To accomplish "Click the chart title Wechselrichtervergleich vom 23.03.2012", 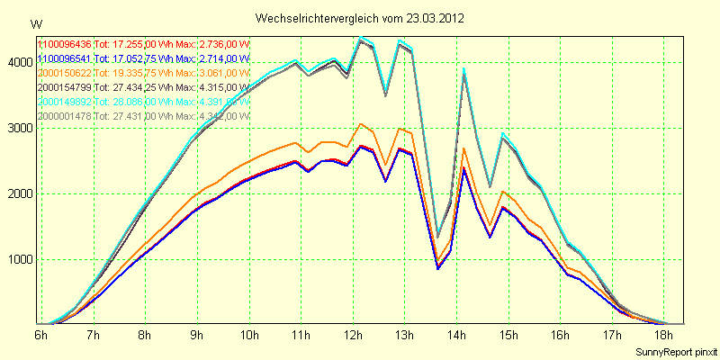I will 360,18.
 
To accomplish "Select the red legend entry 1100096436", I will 64,43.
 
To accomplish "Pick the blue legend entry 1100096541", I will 64,58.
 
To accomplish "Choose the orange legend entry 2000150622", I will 64,72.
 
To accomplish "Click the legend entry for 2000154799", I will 64,86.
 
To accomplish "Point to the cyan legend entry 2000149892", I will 64,102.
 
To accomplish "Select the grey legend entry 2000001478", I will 64,115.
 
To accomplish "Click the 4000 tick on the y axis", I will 21,62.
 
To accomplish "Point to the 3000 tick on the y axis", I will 21,128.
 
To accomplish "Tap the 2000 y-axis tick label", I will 21,193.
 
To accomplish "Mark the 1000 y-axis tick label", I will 21,259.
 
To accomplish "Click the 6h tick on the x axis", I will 41,335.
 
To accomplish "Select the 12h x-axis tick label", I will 354,335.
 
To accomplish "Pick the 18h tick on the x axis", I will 665,335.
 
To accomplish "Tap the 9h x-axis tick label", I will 197,335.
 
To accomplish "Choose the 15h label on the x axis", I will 509,335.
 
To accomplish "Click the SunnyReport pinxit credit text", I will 674,350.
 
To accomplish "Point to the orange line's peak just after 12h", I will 360,124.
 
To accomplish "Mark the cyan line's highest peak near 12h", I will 361,37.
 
